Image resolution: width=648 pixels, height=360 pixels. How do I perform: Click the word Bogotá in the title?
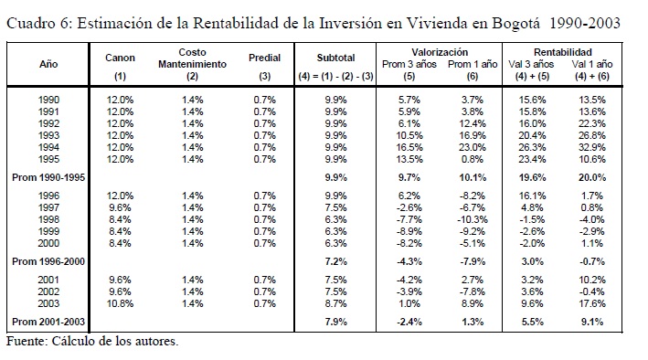[515, 23]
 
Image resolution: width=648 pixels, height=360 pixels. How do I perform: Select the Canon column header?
[120, 58]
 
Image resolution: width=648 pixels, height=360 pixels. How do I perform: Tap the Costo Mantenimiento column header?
[192, 58]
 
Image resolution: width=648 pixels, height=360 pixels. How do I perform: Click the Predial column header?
[264, 58]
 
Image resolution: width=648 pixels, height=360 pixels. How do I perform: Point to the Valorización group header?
[440, 52]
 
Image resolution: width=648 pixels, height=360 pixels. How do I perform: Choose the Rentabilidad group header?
[562, 52]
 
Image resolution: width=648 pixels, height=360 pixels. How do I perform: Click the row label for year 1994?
[48, 147]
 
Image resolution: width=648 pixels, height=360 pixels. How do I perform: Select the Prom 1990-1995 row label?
[48, 177]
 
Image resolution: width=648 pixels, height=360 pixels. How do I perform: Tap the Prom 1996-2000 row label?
[48, 261]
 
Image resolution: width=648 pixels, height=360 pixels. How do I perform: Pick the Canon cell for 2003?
[120, 303]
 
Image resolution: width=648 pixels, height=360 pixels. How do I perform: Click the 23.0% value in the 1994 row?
[473, 147]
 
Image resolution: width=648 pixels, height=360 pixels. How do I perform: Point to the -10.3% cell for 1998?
[473, 219]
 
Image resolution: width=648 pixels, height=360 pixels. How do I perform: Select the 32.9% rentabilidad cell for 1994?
[592, 147]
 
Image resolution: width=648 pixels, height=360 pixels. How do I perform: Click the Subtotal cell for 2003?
[335, 303]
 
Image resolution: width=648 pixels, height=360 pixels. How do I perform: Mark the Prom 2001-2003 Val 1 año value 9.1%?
[592, 322]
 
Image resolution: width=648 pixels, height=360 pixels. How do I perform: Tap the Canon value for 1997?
[120, 207]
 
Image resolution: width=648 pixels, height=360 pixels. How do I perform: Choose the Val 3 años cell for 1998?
[532, 219]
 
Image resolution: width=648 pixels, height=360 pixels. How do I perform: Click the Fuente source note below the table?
[92, 342]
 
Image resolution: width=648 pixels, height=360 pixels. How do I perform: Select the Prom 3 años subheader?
[409, 64]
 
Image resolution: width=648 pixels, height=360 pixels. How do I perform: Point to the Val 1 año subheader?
[592, 64]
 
